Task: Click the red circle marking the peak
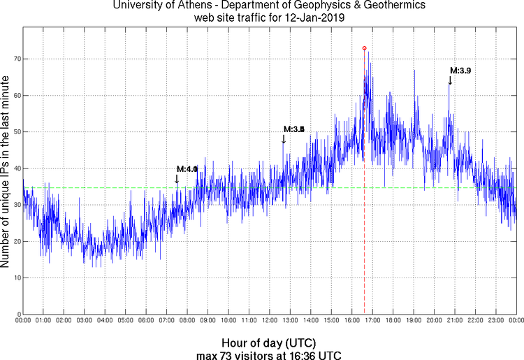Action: [x=364, y=48]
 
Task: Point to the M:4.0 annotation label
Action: [x=187, y=169]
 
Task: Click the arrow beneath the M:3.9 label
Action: [x=450, y=80]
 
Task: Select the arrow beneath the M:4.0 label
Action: [x=177, y=179]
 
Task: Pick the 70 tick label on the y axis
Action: [x=14, y=59]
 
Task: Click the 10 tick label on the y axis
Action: [x=14, y=278]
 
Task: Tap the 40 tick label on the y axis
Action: [x=14, y=168]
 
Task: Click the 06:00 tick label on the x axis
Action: [x=146, y=321]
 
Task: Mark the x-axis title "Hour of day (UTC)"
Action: [x=269, y=343]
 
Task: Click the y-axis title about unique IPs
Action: [x=6, y=172]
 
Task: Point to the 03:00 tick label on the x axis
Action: [x=85, y=321]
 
